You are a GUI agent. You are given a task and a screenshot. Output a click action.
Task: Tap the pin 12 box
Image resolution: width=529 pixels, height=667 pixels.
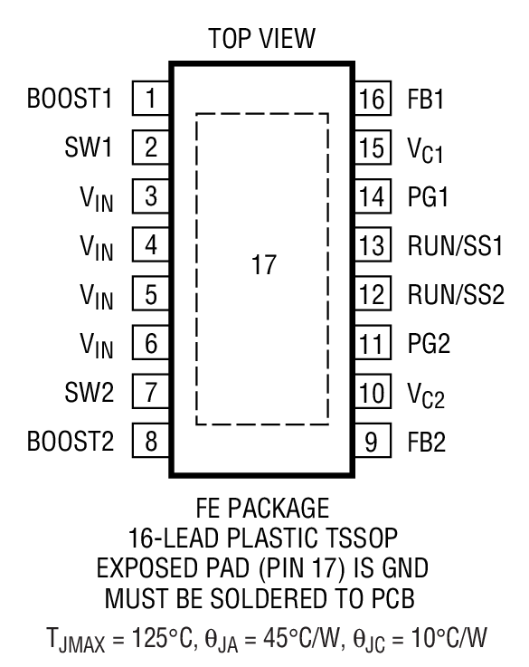tap(372, 294)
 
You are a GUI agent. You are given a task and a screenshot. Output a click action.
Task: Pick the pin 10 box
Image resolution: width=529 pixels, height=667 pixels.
tap(372, 393)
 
